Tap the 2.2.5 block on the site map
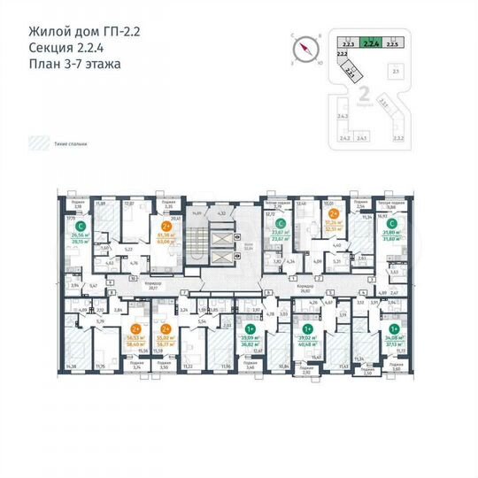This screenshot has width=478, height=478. [x=395, y=42]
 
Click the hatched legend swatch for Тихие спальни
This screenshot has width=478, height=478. [x=39, y=141]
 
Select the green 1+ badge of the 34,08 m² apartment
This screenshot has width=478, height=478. [x=393, y=327]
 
